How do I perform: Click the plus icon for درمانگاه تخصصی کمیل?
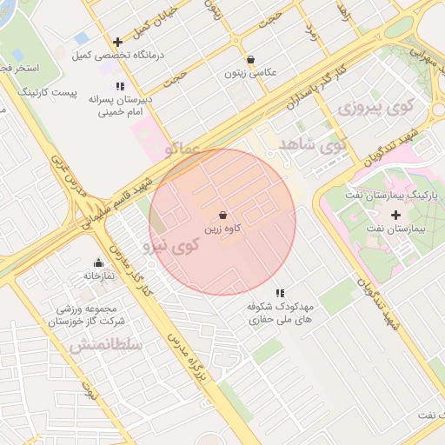point(117,42)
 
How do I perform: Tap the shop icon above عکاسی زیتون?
point(251,60)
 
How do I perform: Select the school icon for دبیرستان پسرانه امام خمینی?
point(120,86)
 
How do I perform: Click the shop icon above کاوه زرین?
point(223,213)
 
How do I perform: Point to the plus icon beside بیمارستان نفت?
point(396,215)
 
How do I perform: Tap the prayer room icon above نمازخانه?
point(98,262)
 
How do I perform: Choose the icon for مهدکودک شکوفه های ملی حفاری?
point(279,294)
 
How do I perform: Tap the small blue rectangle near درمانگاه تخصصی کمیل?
point(82,38)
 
